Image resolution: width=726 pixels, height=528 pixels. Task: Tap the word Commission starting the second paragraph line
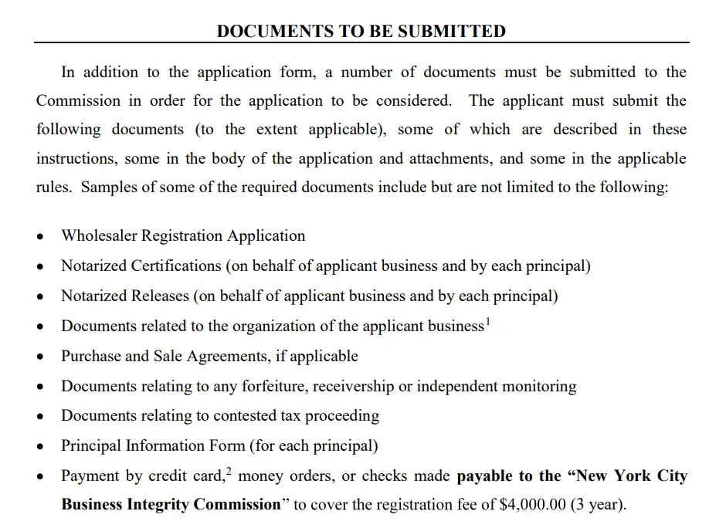click(78, 101)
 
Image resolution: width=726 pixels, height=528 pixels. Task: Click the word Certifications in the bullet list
click(176, 266)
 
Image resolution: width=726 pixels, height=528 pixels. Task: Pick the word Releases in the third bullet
click(160, 296)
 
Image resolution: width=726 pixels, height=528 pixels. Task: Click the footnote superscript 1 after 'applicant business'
click(487, 321)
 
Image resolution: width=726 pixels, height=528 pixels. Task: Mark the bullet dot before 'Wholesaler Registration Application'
click(41, 237)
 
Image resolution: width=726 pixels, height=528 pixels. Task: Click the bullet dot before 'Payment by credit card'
click(41, 477)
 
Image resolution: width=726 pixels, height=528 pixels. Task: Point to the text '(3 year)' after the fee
click(598, 506)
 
